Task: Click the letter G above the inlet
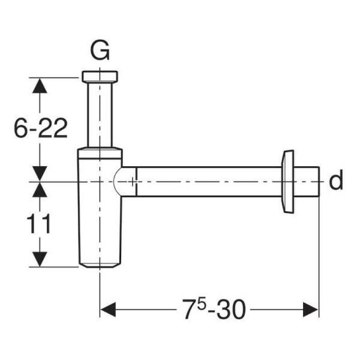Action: (100, 51)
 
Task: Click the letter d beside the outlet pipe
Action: (336, 180)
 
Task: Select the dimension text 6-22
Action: (41, 128)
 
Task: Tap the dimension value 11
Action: (39, 224)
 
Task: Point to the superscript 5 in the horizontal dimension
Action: (200, 305)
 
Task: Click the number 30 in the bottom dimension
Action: (231, 310)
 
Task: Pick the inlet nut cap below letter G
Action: (100, 77)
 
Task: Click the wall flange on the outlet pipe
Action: (288, 182)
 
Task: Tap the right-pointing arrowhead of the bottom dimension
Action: (311, 310)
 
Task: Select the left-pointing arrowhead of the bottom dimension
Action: (108, 310)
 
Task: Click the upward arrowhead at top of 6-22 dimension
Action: (40, 86)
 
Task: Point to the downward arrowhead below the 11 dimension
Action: (40, 259)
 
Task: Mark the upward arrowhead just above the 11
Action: (40, 190)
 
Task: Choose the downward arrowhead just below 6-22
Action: (40, 174)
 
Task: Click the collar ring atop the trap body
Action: (100, 153)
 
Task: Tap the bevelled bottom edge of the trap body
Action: (100, 266)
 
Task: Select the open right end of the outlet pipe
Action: (319, 182)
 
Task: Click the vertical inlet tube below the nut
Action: (100, 115)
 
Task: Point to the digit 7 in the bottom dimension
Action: (189, 310)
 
